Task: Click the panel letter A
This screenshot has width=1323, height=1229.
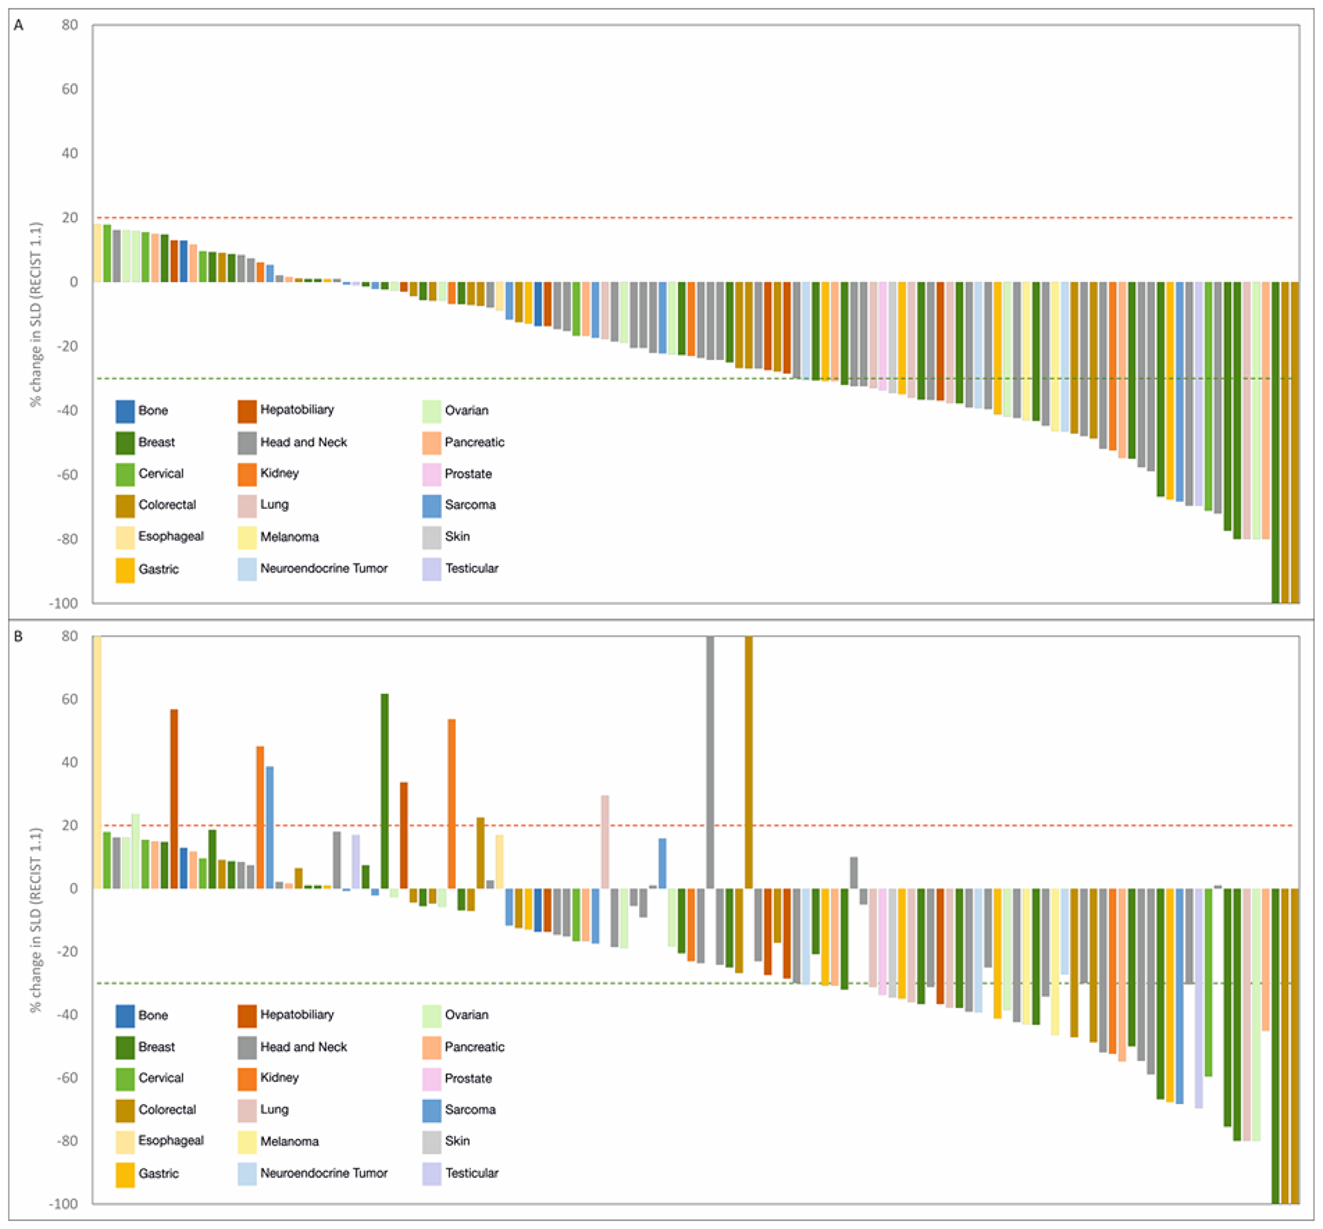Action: point(19,25)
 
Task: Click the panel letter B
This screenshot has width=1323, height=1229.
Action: point(19,637)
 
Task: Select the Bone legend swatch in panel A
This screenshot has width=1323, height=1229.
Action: point(125,411)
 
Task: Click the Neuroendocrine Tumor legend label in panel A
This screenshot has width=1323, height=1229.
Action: point(323,569)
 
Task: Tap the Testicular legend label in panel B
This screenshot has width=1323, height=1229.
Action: point(472,1173)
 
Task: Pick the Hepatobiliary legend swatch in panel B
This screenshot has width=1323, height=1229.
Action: point(247,1015)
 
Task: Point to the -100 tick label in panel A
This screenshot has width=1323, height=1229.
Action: point(64,603)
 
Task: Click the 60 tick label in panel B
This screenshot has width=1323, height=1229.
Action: point(69,699)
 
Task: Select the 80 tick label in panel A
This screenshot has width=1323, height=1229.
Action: point(69,25)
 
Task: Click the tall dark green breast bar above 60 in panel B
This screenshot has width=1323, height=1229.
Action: point(384,792)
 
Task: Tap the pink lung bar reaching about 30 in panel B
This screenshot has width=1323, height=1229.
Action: point(605,842)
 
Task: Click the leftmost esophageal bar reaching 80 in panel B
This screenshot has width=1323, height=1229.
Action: point(97,762)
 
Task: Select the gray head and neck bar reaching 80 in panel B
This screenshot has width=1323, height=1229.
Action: point(710,762)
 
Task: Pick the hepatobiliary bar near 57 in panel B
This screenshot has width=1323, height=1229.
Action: point(174,798)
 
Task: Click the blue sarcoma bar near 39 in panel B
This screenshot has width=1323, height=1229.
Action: point(270,827)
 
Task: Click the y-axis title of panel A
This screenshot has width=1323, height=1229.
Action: point(36,314)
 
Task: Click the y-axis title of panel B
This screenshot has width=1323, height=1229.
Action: point(36,921)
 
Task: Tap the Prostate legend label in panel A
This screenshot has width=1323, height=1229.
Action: point(468,474)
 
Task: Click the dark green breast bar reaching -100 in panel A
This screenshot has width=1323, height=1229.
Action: point(1275,442)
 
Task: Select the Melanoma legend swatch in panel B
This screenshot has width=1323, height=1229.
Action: point(247,1142)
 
